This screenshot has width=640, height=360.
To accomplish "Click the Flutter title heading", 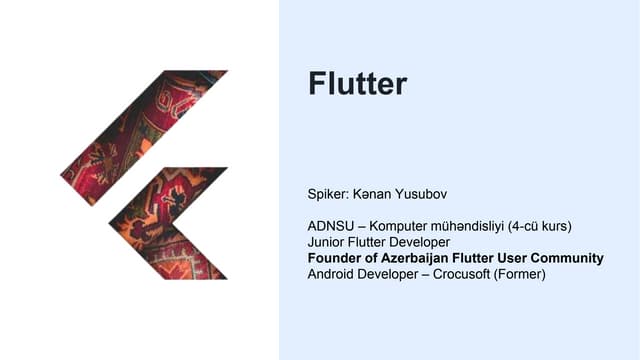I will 358,84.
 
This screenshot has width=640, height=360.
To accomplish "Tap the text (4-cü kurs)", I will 547,226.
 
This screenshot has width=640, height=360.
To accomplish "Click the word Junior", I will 329,242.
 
